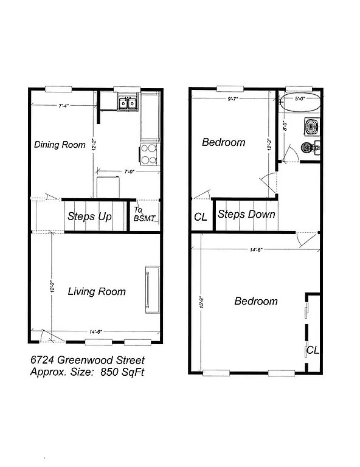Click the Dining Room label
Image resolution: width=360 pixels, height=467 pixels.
coord(60,145)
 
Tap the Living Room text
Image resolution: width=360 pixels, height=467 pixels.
coord(97,291)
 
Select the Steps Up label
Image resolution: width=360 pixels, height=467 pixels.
coord(89,216)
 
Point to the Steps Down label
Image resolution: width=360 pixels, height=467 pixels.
coord(246,215)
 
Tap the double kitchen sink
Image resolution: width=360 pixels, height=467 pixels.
coord(127,104)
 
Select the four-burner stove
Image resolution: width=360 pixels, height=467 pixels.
coord(150,154)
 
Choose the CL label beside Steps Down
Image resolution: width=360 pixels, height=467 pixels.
coord(200,216)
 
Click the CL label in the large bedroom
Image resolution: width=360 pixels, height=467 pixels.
coord(313,350)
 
